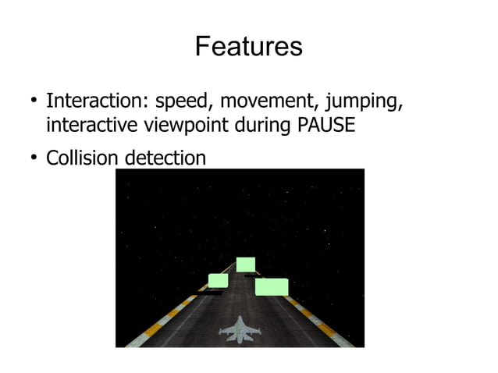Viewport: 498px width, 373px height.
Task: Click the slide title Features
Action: click(x=248, y=47)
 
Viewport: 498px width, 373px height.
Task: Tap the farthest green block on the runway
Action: click(x=245, y=265)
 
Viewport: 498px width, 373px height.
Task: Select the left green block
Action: click(x=218, y=280)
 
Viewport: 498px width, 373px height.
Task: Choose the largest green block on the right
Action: click(x=272, y=286)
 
